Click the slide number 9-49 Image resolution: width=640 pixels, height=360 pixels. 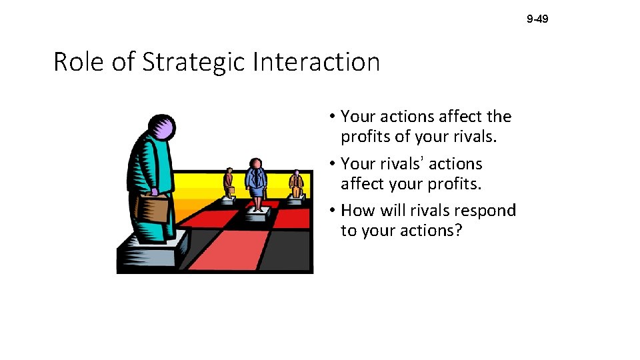(x=537, y=19)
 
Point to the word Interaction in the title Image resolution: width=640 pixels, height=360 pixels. (x=317, y=62)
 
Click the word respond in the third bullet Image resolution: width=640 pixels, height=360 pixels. (x=485, y=211)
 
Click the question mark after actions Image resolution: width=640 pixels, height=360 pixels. (x=457, y=231)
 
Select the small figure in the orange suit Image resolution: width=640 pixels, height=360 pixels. (x=296, y=183)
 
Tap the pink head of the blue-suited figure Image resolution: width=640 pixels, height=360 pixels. (x=255, y=163)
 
